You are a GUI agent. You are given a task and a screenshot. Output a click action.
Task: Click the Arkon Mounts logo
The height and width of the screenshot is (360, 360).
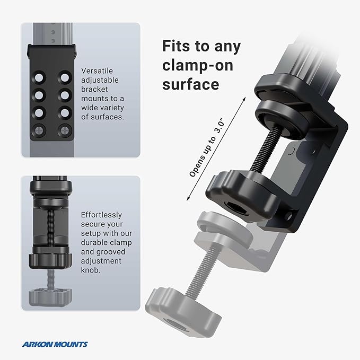click(55, 344)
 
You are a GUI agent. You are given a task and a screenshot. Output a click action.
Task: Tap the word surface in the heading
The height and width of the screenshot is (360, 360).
click(192, 84)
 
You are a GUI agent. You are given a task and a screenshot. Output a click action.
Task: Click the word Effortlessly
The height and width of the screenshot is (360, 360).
click(101, 215)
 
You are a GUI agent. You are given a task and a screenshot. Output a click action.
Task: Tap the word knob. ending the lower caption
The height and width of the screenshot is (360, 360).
click(92, 270)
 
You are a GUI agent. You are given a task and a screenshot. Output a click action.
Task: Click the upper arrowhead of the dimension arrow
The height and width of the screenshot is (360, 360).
click(245, 98)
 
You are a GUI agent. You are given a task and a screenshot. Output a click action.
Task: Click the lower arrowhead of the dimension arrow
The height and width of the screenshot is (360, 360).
click(187, 199)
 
